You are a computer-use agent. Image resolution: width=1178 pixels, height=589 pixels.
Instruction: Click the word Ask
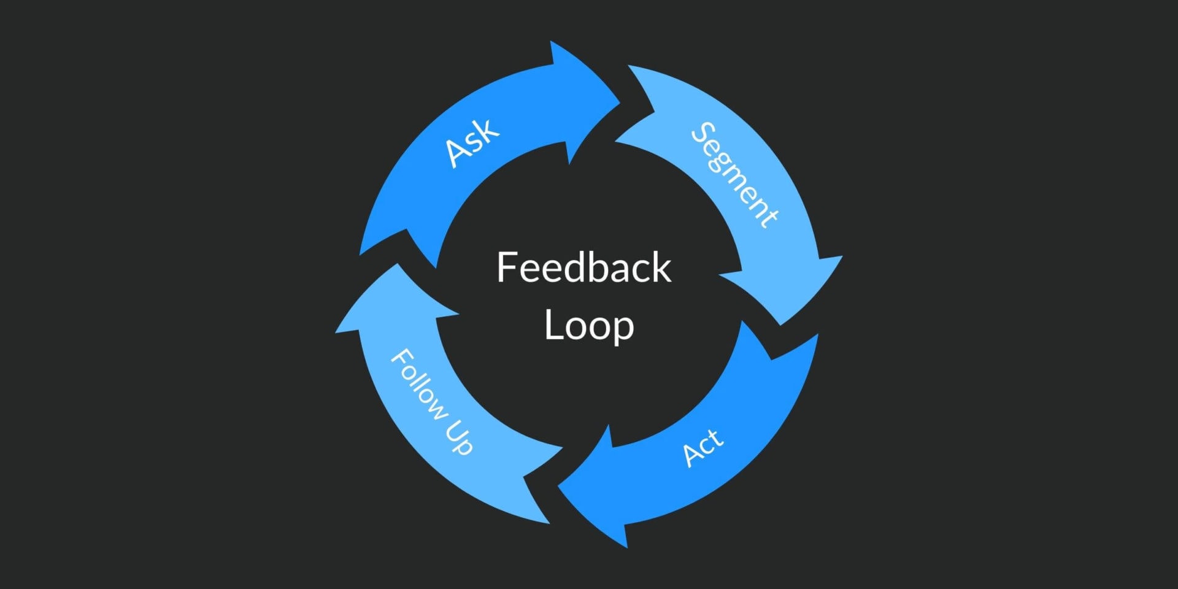(471, 142)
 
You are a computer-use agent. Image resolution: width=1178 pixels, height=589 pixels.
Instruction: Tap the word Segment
(734, 175)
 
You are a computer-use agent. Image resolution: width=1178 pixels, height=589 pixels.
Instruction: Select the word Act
(703, 447)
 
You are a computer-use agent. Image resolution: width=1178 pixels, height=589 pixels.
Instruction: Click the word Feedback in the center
(583, 268)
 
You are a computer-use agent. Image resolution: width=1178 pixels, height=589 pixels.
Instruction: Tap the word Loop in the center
(588, 325)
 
